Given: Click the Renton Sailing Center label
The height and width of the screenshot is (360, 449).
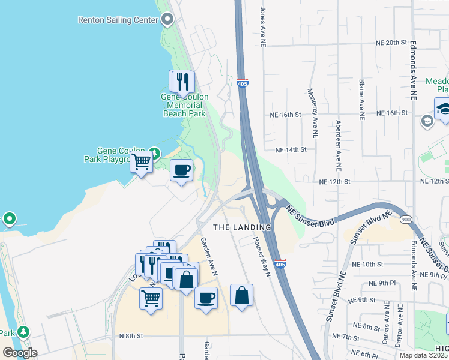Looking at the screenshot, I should click(118, 20).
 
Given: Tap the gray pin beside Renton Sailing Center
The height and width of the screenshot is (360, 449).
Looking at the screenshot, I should click(168, 20).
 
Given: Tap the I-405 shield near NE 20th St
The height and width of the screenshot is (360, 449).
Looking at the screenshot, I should click(243, 83).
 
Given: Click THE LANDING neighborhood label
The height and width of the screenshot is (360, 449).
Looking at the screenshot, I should click(243, 228).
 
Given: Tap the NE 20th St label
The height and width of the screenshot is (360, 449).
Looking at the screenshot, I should click(391, 43).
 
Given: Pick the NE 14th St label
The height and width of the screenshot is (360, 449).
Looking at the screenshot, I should click(291, 150).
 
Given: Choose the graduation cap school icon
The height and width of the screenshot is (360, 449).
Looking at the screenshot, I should click(443, 109).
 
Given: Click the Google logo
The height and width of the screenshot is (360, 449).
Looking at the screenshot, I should click(20, 352).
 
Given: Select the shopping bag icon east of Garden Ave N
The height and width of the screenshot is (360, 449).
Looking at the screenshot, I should click(241, 295).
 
